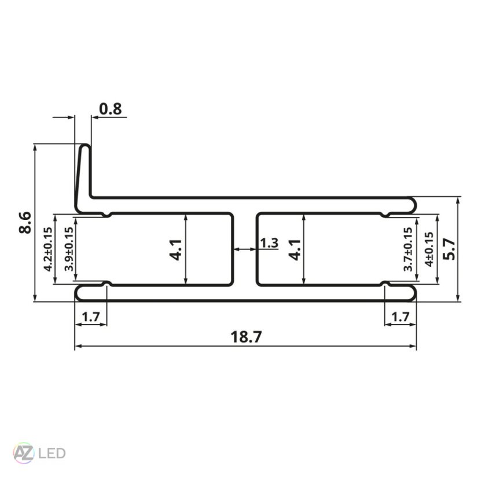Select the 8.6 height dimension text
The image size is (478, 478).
click(25, 222)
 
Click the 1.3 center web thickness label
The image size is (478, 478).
click(269, 243)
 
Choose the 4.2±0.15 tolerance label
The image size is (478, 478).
click(48, 249)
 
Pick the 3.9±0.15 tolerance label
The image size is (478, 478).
click(68, 249)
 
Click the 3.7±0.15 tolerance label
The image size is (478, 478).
click(408, 249)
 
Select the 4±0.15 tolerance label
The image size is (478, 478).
click(428, 249)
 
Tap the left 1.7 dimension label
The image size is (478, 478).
click(91, 317)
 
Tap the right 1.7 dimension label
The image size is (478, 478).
click(400, 317)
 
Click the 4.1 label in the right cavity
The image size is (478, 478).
click(295, 249)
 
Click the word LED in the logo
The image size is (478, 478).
click(51, 453)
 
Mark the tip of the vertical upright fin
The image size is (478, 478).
click(84, 146)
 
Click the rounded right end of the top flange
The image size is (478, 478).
click(414, 203)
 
